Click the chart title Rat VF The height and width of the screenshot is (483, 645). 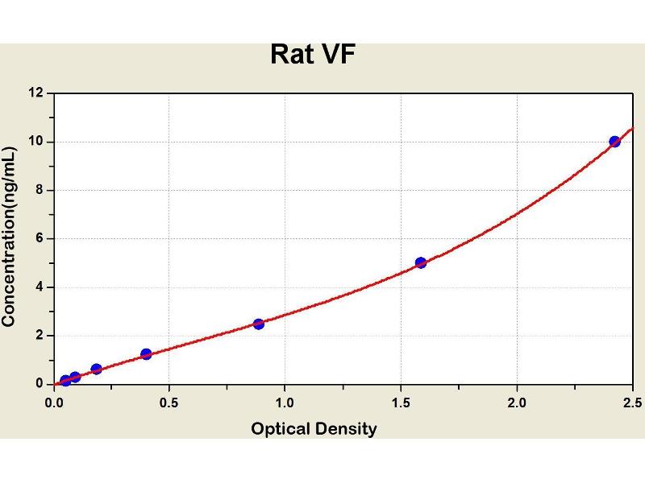(313, 54)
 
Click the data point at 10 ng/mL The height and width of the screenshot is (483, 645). (615, 142)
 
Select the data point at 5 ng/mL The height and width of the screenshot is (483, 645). (421, 262)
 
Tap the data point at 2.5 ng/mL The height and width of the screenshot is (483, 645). (259, 324)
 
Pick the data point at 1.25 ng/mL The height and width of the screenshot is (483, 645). (146, 354)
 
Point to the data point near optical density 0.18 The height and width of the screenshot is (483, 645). (97, 369)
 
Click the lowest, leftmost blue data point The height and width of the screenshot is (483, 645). (65, 381)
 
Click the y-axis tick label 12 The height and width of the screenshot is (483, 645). (35, 93)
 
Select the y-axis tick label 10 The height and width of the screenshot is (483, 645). (35, 142)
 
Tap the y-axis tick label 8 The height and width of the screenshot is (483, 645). (39, 191)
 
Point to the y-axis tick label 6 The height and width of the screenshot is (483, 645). (39, 239)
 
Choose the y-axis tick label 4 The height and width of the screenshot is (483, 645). (39, 287)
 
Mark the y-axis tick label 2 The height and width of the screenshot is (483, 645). (39, 336)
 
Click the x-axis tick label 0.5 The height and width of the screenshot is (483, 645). (169, 402)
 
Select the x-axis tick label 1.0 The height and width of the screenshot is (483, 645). (285, 402)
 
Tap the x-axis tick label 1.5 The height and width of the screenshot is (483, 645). (401, 402)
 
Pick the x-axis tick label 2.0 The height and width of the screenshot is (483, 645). (517, 402)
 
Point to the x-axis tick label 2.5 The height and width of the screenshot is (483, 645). (632, 402)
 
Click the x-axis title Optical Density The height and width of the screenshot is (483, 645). (314, 428)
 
